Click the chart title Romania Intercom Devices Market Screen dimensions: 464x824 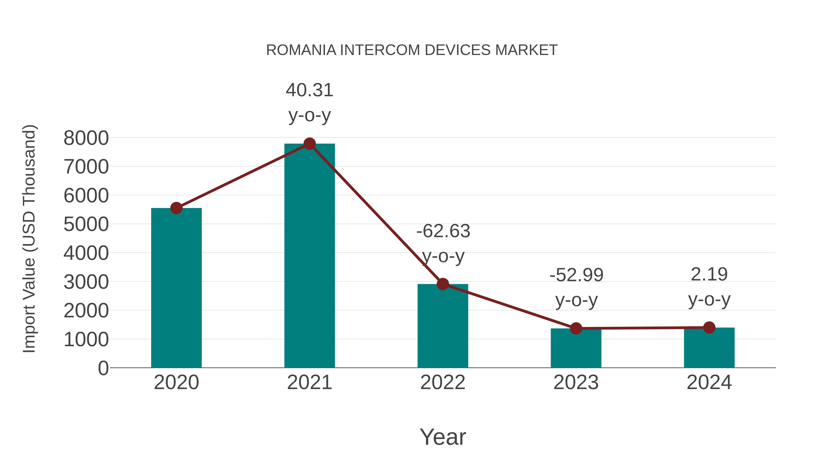412,50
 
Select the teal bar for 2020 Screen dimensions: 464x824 176,288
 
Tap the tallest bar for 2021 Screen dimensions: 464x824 309,256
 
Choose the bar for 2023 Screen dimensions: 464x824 576,349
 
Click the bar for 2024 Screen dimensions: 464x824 709,348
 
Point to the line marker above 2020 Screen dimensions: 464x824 176,208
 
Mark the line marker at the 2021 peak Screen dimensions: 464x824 309,144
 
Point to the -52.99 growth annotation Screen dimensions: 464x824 576,287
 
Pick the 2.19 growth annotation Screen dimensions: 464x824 709,287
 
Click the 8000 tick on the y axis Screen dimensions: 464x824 86,138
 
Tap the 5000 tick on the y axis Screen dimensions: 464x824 86,225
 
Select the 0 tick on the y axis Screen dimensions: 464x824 103,368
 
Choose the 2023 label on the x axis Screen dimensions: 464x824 576,382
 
